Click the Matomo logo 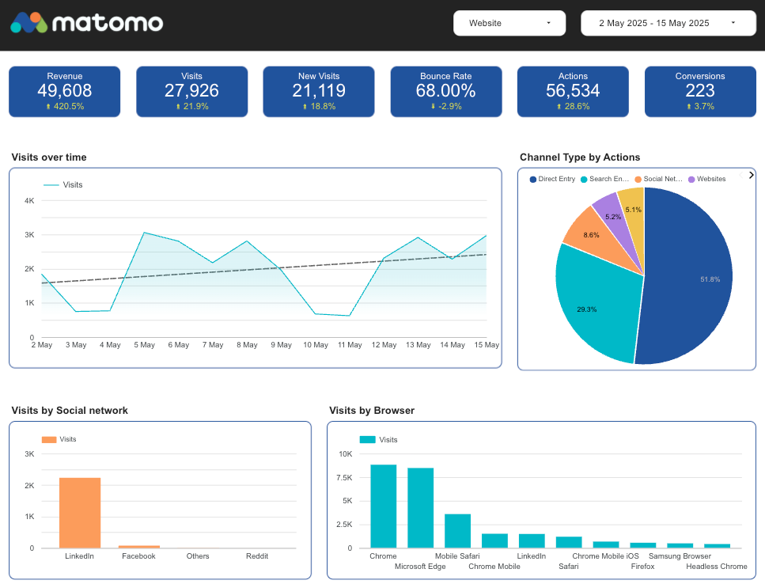[86, 23]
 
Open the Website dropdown [509, 23]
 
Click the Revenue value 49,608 [64, 90]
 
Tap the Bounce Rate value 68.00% [445, 90]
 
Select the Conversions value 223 [700, 90]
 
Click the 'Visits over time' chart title [49, 157]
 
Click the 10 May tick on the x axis [316, 345]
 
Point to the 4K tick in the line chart [29, 201]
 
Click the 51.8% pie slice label [710, 279]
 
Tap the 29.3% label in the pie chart [586, 309]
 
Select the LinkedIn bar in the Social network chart [80, 513]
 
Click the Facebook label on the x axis [138, 556]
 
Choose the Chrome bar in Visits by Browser [384, 506]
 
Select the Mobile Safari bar [457, 530]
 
